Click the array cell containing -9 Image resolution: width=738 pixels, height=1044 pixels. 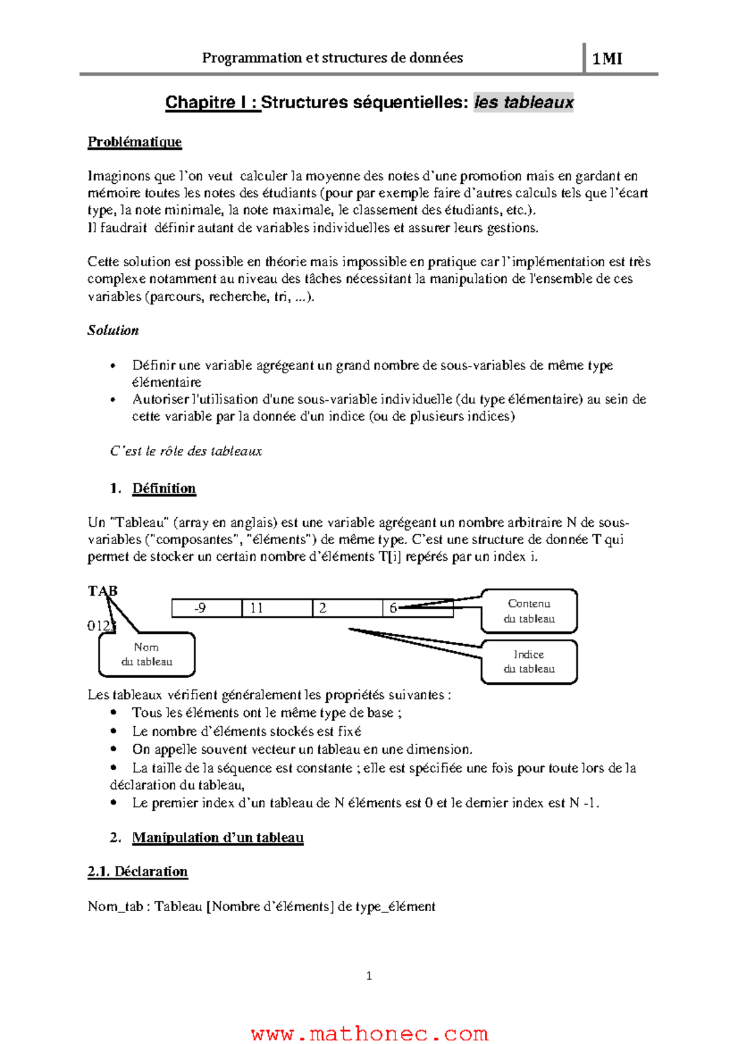tap(207, 608)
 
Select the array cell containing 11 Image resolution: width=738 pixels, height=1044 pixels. tap(277, 608)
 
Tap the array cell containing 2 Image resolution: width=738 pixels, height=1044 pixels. tap(347, 608)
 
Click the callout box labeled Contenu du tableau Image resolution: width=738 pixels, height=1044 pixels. tap(529, 611)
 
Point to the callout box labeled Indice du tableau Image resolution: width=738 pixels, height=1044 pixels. tap(529, 662)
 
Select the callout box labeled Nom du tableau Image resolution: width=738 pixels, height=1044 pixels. tap(146, 654)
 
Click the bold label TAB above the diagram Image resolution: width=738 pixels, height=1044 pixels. tap(102, 591)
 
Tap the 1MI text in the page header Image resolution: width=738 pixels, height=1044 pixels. tap(606, 59)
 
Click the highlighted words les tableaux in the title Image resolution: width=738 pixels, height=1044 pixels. tap(523, 102)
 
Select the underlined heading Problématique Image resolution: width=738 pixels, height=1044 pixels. tap(135, 142)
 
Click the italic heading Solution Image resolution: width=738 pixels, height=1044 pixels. tap(113, 330)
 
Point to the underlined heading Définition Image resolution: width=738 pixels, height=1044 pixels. tap(164, 488)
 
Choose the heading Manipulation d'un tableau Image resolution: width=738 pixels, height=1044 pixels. tap(218, 837)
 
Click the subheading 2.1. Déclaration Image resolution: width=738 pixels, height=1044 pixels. tap(137, 871)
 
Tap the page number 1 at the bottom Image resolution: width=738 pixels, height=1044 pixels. tap(369, 976)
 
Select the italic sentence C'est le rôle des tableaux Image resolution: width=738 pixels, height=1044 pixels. tap(186, 451)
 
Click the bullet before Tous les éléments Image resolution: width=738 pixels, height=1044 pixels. tap(113, 713)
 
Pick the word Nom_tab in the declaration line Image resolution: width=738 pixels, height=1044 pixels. tap(115, 906)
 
